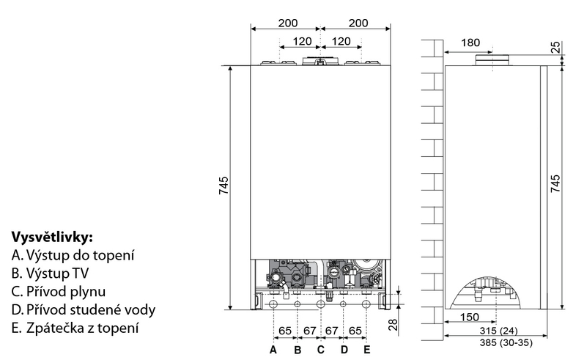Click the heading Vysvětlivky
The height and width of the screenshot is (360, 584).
click(52, 237)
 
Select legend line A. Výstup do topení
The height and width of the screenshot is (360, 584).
click(73, 255)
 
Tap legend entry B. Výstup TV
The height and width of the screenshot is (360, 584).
click(50, 273)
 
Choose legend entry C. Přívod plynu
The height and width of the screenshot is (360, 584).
click(59, 291)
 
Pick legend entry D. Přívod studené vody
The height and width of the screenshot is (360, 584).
click(84, 309)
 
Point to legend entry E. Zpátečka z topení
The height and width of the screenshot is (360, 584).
click(75, 328)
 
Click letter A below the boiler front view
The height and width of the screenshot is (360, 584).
click(273, 350)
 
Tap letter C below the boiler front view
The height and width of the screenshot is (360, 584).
click(321, 350)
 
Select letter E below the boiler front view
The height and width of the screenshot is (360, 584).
click(367, 350)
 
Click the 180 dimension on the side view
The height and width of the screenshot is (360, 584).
click(470, 43)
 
